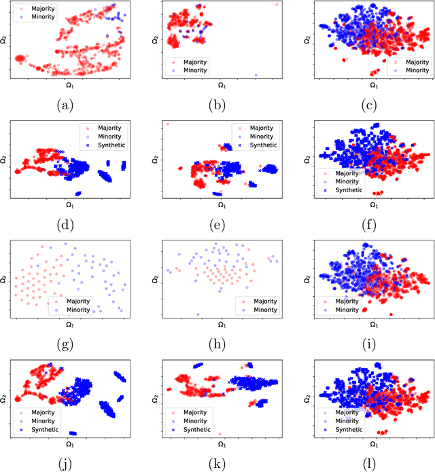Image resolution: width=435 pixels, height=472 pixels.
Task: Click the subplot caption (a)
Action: tap(65, 105)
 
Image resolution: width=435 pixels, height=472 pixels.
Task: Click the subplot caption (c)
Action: tap(373, 105)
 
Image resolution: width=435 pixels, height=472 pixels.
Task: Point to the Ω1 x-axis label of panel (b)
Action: tap(222, 86)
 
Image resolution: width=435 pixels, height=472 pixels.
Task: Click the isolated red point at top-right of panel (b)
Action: tap(277, 4)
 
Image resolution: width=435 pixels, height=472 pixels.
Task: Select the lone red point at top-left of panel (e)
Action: tap(167, 124)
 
